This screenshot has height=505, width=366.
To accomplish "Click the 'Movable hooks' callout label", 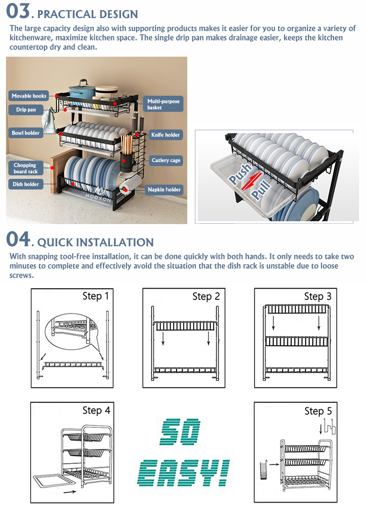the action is pyautogui.click(x=29, y=96).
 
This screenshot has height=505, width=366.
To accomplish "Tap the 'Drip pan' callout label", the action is pyautogui.click(x=26, y=109).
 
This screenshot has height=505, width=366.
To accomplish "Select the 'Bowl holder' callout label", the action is pyautogui.click(x=26, y=133).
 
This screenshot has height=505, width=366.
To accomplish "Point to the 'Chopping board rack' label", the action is pyautogui.click(x=26, y=168).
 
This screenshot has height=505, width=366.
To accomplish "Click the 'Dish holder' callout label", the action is pyautogui.click(x=26, y=184).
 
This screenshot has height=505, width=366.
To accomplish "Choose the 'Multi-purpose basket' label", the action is pyautogui.click(x=163, y=104).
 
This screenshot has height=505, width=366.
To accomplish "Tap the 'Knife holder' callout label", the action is pyautogui.click(x=165, y=135).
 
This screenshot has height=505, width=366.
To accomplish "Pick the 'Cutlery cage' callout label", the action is pyautogui.click(x=166, y=160).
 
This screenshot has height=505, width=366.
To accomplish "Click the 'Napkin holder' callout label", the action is pyautogui.click(x=164, y=189).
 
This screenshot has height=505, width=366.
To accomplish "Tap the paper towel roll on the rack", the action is pyautogui.click(x=130, y=185).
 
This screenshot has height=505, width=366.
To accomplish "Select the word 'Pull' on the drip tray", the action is pyautogui.click(x=261, y=189).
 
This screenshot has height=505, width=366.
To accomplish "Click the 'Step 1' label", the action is pyautogui.click(x=96, y=296).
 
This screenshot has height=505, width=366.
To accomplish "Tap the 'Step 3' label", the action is pyautogui.click(x=318, y=296).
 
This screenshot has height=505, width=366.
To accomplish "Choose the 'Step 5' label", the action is pyautogui.click(x=318, y=411).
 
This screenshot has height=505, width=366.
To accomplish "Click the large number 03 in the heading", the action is pyautogui.click(x=18, y=11).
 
